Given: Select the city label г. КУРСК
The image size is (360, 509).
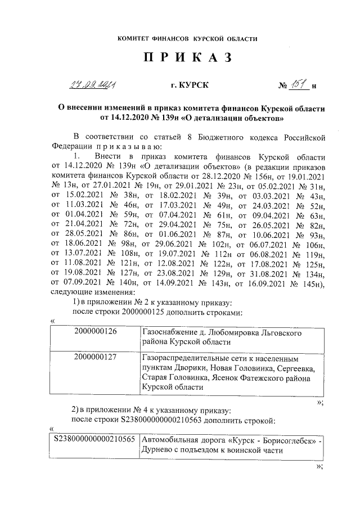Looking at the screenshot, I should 189,85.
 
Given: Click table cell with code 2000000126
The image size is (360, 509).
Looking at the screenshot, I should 95,332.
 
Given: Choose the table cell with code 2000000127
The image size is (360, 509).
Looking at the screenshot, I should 95,358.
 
